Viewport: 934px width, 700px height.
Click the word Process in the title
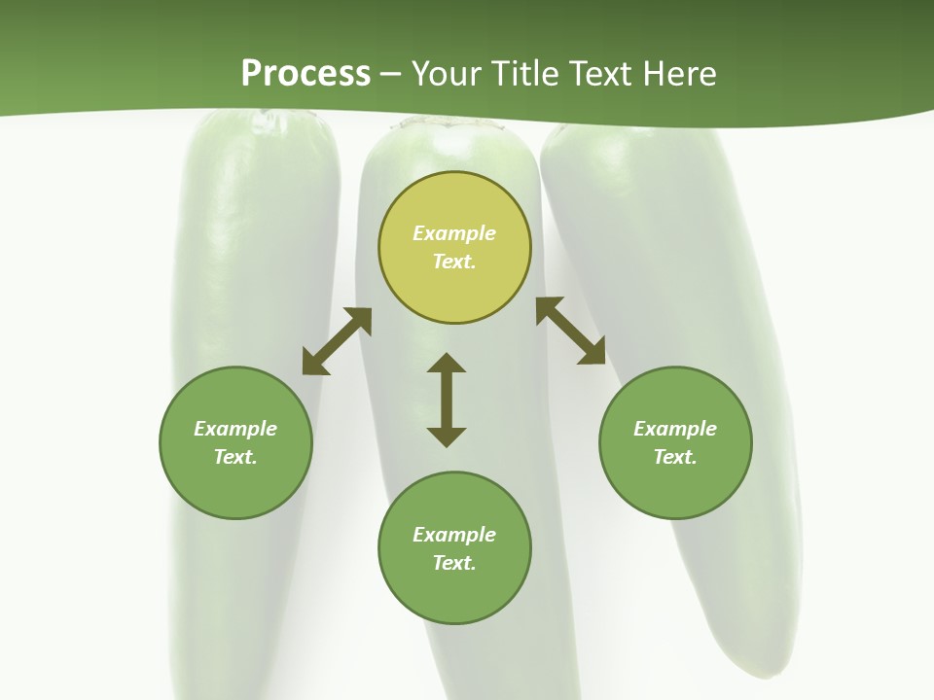coord(305,74)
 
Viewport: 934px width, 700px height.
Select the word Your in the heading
coord(448,74)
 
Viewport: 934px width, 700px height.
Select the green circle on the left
coord(235,486)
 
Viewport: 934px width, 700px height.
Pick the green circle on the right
coord(675,486)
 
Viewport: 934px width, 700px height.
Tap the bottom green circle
coord(454,593)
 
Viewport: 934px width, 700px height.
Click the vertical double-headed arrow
coord(447,400)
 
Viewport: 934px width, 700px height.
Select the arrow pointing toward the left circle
coord(337,341)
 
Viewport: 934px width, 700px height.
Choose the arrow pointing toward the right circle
coord(570,331)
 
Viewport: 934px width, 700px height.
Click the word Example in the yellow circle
coord(454,233)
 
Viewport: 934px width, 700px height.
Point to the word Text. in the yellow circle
coord(454,262)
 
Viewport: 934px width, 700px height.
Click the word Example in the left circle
coord(235,429)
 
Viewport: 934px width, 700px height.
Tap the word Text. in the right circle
coord(675,457)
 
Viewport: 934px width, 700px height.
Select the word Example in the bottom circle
coord(454,535)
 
